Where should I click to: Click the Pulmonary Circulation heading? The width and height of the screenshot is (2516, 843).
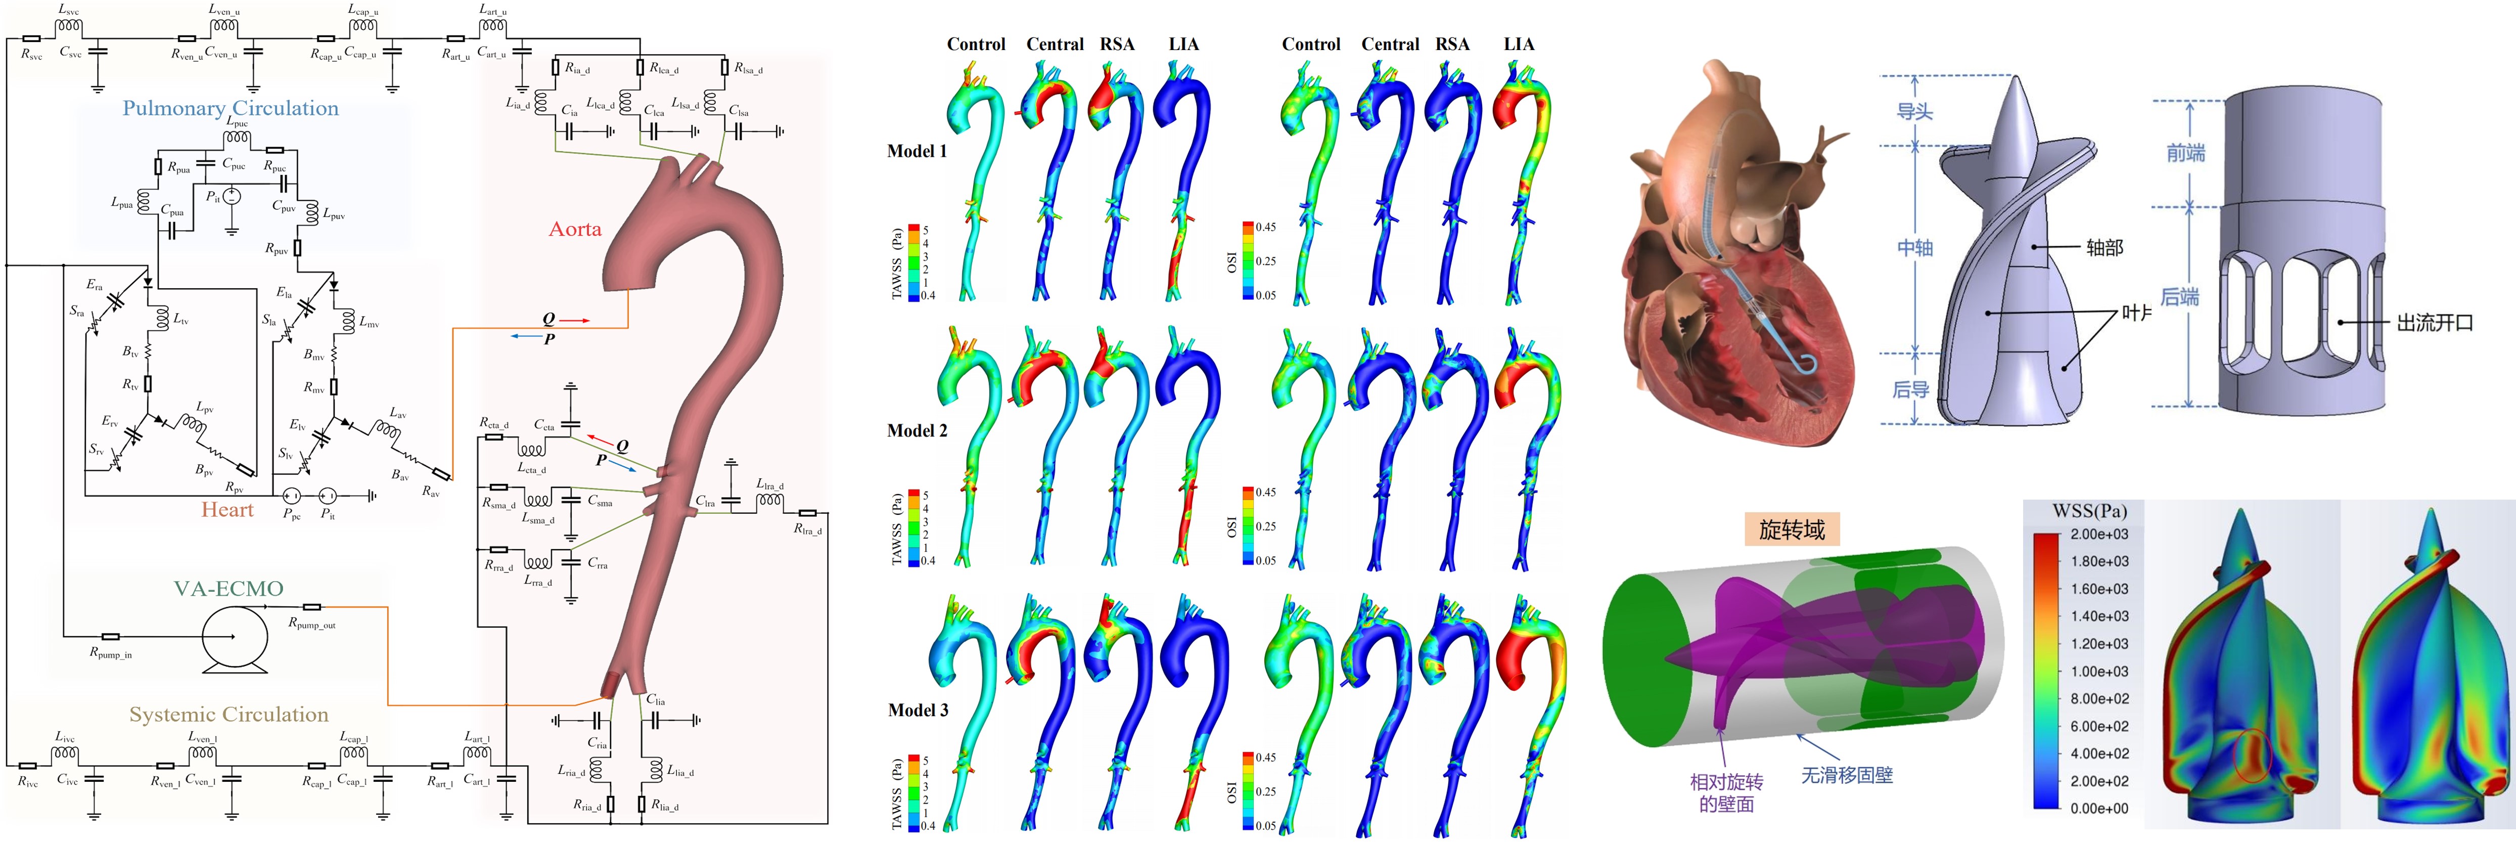click(231, 108)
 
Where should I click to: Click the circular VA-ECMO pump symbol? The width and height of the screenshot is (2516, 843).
click(235, 637)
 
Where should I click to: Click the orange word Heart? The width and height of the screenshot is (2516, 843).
click(226, 510)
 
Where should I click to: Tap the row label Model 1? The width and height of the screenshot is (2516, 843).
click(916, 151)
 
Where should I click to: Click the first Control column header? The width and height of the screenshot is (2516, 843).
click(976, 45)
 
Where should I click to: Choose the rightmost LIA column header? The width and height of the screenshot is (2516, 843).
click(1519, 45)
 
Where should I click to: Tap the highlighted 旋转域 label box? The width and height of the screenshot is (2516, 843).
click(1791, 529)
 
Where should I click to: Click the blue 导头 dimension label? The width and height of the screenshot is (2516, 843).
click(1914, 111)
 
